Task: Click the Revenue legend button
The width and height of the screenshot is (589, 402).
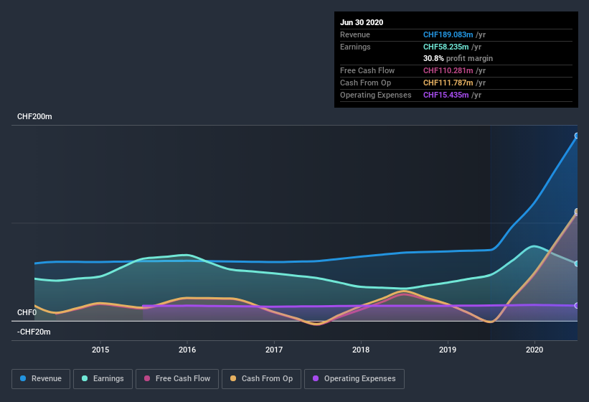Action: pyautogui.click(x=41, y=378)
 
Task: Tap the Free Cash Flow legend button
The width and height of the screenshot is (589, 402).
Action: pyautogui.click(x=177, y=378)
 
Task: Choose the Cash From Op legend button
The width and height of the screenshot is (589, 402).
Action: pyautogui.click(x=261, y=378)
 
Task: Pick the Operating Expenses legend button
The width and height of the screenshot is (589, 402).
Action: pyautogui.click(x=354, y=378)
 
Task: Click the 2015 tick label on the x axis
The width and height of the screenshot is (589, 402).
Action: pyautogui.click(x=100, y=350)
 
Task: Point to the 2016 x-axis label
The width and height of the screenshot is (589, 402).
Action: pyautogui.click(x=187, y=350)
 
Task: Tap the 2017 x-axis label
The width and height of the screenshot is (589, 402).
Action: pyautogui.click(x=274, y=350)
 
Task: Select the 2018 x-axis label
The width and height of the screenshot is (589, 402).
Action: pyautogui.click(x=361, y=350)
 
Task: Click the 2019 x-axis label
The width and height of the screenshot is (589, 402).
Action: pyautogui.click(x=448, y=350)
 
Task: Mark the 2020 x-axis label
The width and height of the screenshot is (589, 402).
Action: pyautogui.click(x=534, y=350)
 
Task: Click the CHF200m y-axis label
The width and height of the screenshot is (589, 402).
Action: pyautogui.click(x=36, y=116)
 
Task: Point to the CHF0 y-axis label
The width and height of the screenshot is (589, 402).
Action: pyautogui.click(x=27, y=312)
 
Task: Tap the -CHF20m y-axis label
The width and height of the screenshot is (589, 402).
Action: pyautogui.click(x=34, y=332)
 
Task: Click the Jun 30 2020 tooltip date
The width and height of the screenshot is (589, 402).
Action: pyautogui.click(x=362, y=22)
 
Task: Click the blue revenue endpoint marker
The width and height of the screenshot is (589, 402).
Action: pyautogui.click(x=577, y=136)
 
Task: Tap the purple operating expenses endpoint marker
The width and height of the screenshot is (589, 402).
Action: pyautogui.click(x=577, y=306)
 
